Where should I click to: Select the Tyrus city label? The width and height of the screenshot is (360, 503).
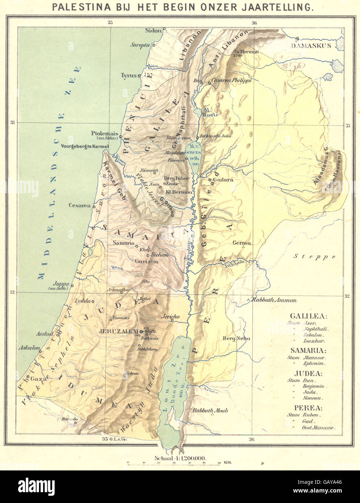pyautogui.click(x=128, y=75)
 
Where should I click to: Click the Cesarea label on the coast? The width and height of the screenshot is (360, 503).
pyautogui.click(x=80, y=205)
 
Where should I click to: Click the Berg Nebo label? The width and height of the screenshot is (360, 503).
pyautogui.click(x=232, y=338)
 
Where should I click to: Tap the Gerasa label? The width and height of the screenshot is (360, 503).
pyautogui.click(x=242, y=243)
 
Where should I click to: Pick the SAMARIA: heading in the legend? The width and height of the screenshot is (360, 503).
pyautogui.click(x=308, y=351)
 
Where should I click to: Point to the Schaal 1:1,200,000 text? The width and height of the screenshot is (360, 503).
pyautogui.click(x=180, y=458)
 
